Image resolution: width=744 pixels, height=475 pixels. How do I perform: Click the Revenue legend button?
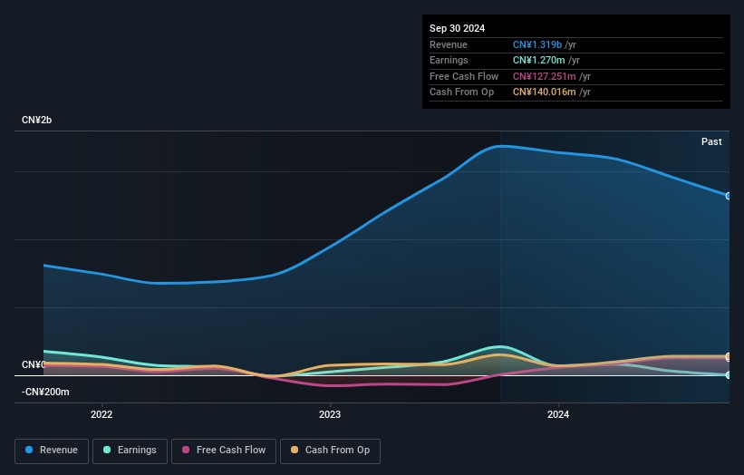pyautogui.click(x=52, y=451)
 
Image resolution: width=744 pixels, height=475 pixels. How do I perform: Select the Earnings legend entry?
pyautogui.click(x=130, y=451)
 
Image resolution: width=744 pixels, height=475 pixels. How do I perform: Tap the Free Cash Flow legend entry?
pyautogui.click(x=224, y=451)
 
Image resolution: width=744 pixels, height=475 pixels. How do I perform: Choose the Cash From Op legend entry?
pyautogui.click(x=330, y=451)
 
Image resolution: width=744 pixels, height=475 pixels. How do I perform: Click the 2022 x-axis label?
pyautogui.click(x=101, y=414)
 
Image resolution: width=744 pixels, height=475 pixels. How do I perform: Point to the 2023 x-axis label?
pyautogui.click(x=330, y=414)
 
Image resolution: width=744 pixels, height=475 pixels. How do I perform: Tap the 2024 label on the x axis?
pyautogui.click(x=558, y=414)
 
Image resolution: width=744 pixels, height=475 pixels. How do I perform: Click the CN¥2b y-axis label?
pyautogui.click(x=36, y=120)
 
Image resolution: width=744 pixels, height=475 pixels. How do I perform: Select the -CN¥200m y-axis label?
pyautogui.click(x=45, y=392)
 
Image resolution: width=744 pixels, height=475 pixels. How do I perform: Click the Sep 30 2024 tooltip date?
pyautogui.click(x=457, y=28)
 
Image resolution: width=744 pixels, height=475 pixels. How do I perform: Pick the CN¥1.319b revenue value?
pyautogui.click(x=537, y=44)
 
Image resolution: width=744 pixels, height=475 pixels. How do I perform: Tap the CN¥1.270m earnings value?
pyautogui.click(x=538, y=60)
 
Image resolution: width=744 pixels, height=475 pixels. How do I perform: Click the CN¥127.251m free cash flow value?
pyautogui.click(x=545, y=76)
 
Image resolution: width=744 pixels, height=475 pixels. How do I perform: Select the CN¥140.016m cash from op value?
pyautogui.click(x=545, y=92)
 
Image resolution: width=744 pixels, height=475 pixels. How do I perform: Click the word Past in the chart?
pyautogui.click(x=711, y=141)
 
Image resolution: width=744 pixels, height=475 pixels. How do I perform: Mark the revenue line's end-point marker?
pyautogui.click(x=729, y=196)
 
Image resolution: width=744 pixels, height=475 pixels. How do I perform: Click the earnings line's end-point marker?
pyautogui.click(x=729, y=375)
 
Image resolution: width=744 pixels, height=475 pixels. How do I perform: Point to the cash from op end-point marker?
pyautogui.click(x=729, y=356)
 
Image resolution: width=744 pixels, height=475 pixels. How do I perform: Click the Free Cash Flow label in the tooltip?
pyautogui.click(x=464, y=76)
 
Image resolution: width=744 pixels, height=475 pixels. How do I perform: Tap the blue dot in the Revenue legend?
pyautogui.click(x=29, y=450)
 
